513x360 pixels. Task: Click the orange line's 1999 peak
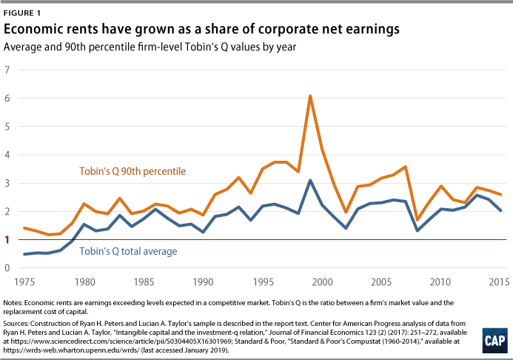point(310,96)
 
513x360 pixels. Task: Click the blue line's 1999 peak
point(310,180)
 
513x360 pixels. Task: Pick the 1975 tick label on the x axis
point(26,282)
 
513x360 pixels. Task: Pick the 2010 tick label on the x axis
point(440,282)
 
